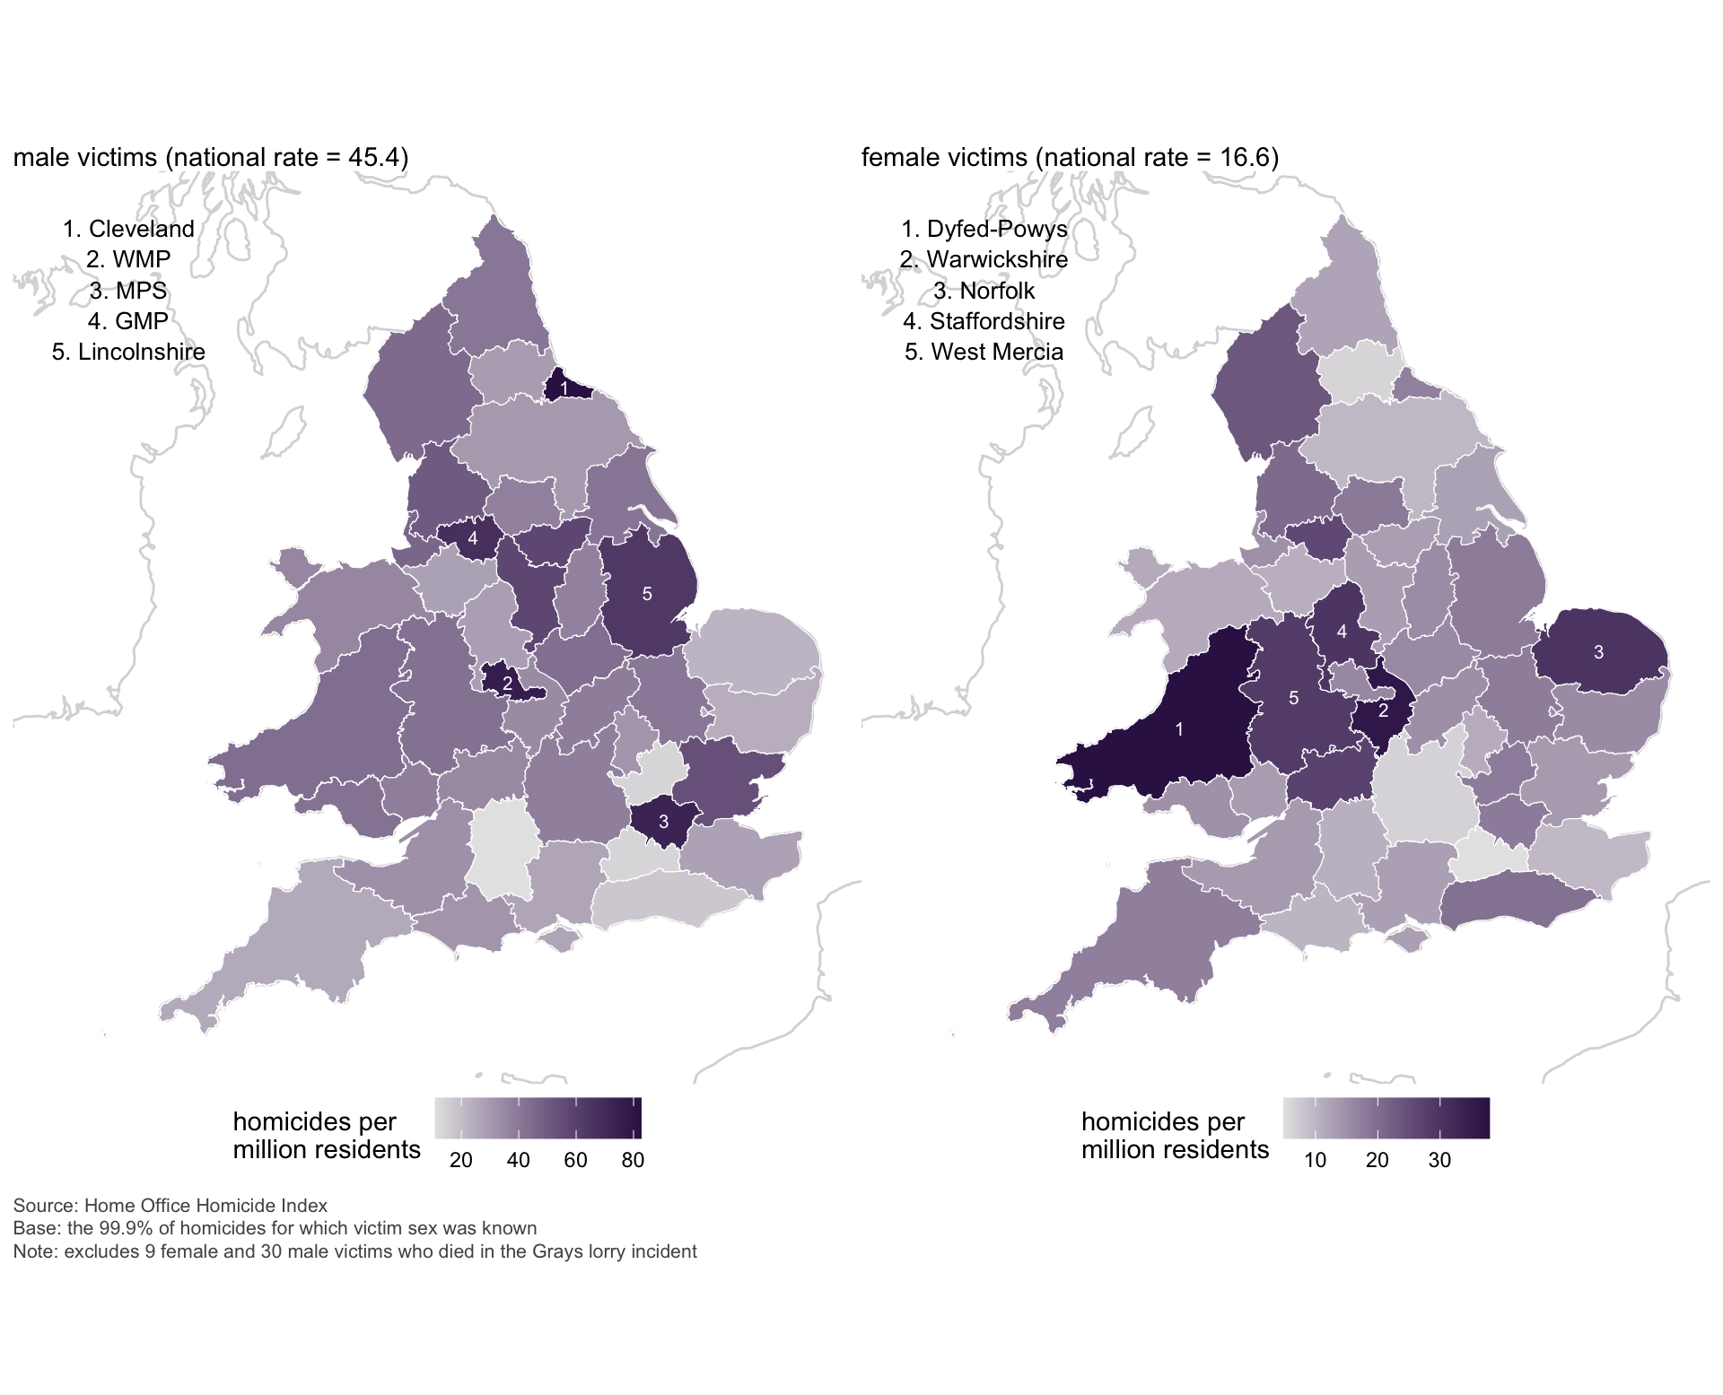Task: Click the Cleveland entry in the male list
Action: [x=128, y=229]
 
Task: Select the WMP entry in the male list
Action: [x=128, y=259]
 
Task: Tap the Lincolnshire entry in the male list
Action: [x=128, y=352]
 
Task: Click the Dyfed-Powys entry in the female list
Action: [x=984, y=229]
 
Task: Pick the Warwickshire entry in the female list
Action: [x=984, y=259]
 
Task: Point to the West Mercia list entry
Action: [x=984, y=352]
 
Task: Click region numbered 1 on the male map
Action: [x=564, y=387]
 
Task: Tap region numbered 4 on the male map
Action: [x=473, y=539]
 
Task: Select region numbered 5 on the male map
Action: [x=647, y=594]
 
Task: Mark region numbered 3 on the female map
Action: [x=1598, y=652]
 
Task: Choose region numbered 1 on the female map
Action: [x=1179, y=729]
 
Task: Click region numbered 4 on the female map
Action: [x=1342, y=632]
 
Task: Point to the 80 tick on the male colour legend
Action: [x=633, y=1160]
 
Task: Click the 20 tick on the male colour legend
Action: [x=461, y=1160]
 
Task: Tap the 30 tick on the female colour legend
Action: [x=1439, y=1160]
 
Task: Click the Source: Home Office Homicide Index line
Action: [x=171, y=1206]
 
